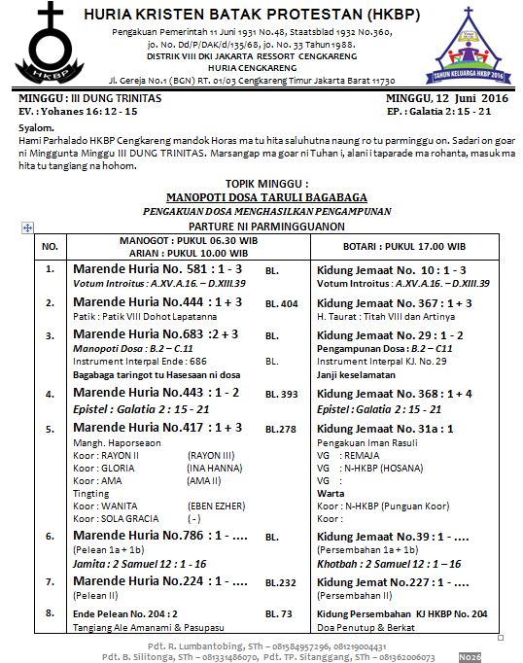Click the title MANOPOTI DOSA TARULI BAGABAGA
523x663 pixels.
click(265, 194)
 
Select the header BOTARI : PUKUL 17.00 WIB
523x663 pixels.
click(403, 246)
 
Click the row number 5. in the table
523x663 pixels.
click(50, 428)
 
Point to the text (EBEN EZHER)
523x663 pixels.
click(218, 504)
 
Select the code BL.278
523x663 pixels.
click(281, 429)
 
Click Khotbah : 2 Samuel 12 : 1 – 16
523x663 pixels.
click(387, 564)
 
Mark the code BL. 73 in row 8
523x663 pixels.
click(278, 614)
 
